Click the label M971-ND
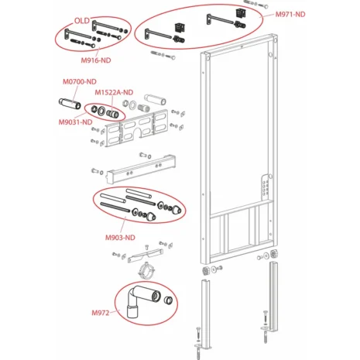pos(290,15)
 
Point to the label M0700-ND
pos(79,81)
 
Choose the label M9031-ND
pos(74,122)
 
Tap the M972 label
pos(101,312)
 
